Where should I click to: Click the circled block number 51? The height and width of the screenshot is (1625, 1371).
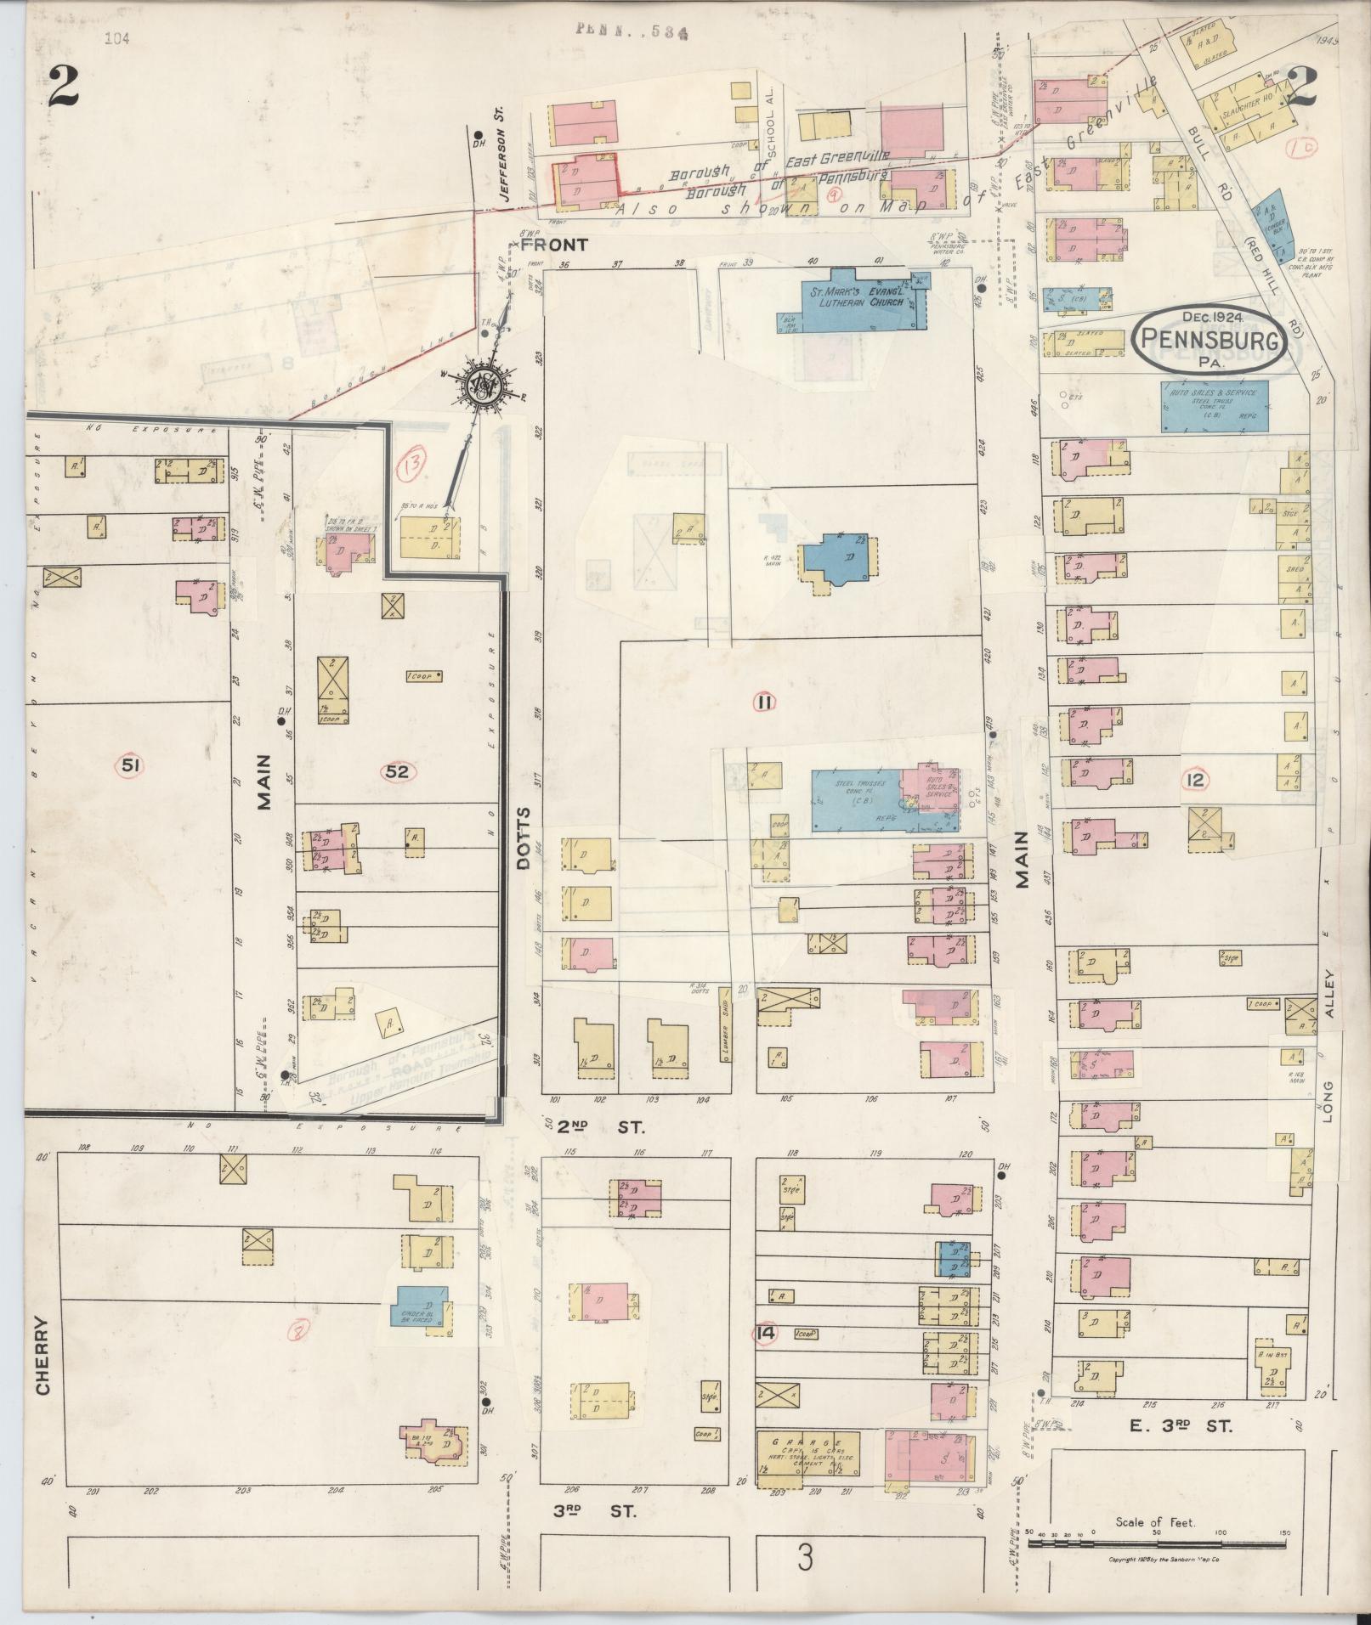tap(129, 766)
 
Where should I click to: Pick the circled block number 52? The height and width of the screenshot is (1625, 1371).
tap(397, 771)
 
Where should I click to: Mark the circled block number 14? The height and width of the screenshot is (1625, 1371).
tap(766, 1333)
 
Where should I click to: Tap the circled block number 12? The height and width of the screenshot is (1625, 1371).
tap(1195, 779)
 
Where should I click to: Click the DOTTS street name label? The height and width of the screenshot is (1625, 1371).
tap(523, 838)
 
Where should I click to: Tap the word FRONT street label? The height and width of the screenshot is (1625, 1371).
tap(553, 245)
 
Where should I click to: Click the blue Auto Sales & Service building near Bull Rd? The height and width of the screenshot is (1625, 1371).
tap(1215, 406)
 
